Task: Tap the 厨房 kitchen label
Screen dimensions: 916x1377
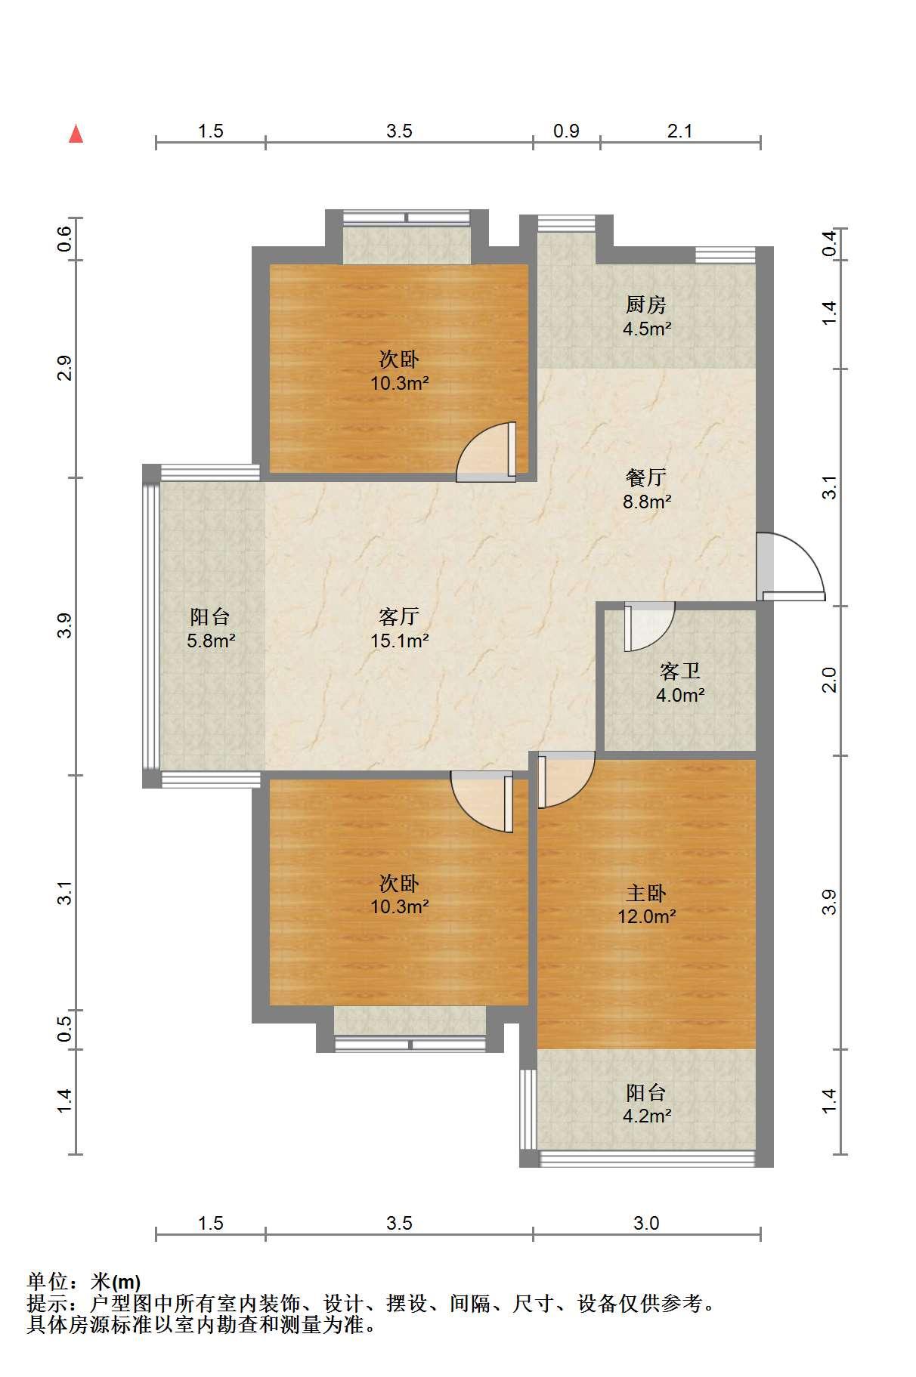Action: pos(646,305)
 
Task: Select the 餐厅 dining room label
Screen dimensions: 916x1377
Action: pos(646,477)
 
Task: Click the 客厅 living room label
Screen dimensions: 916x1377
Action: pos(399,616)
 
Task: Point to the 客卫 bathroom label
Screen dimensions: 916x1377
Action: pos(680,671)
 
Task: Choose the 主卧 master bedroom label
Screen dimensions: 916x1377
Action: pos(646,893)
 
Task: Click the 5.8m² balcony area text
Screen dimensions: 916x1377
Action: pos(211,641)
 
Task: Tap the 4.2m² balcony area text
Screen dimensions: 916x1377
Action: pos(647,1116)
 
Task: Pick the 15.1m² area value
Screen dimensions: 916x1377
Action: pos(400,641)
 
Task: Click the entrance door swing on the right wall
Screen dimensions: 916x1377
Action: pos(791,567)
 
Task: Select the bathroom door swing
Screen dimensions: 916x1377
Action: pos(648,626)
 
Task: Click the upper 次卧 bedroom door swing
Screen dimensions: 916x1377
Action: pos(487,452)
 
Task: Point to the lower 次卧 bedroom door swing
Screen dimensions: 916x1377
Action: pos(482,801)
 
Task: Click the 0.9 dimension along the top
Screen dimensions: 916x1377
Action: pos(566,131)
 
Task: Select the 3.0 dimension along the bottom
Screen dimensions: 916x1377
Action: pos(646,1223)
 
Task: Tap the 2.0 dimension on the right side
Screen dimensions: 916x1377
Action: pos(830,681)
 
